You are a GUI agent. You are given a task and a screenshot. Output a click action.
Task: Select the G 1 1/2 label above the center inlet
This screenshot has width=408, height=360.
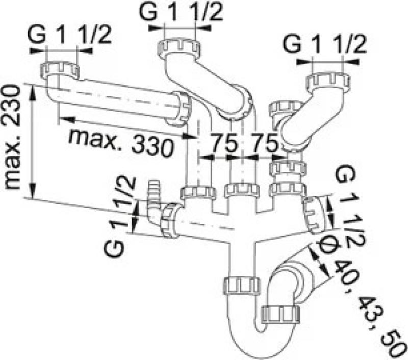182,13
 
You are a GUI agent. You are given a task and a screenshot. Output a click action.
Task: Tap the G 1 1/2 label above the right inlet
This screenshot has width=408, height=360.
325,45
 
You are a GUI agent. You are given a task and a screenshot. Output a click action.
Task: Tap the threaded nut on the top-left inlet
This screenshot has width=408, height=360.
61,69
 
